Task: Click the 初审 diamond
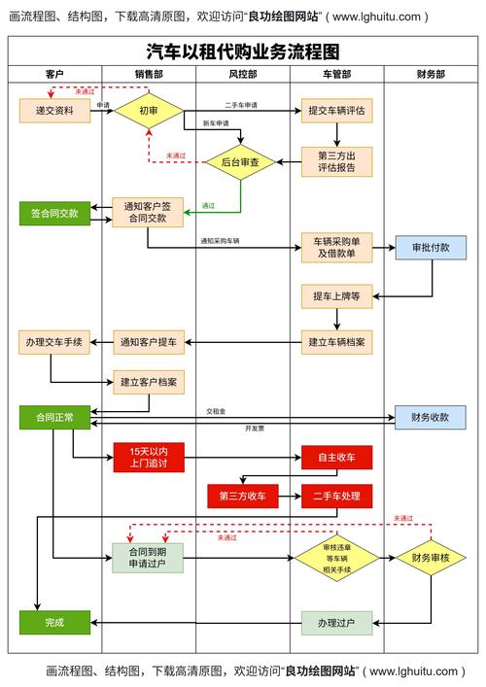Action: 149,111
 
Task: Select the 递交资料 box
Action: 54,111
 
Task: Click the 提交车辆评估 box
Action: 336,111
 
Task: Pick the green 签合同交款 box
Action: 54,212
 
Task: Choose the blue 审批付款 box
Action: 431,247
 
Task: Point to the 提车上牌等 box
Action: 336,295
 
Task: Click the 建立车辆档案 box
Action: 336,341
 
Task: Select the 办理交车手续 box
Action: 54,341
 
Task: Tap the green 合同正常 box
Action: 54,417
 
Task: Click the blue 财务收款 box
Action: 431,417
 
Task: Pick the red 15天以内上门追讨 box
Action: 149,457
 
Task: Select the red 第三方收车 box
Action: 242,496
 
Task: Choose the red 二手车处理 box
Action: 336,496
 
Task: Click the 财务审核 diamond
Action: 431,558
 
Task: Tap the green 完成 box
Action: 54,622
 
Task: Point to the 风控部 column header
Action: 242,74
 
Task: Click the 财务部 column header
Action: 431,74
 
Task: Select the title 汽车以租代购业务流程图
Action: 242,51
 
